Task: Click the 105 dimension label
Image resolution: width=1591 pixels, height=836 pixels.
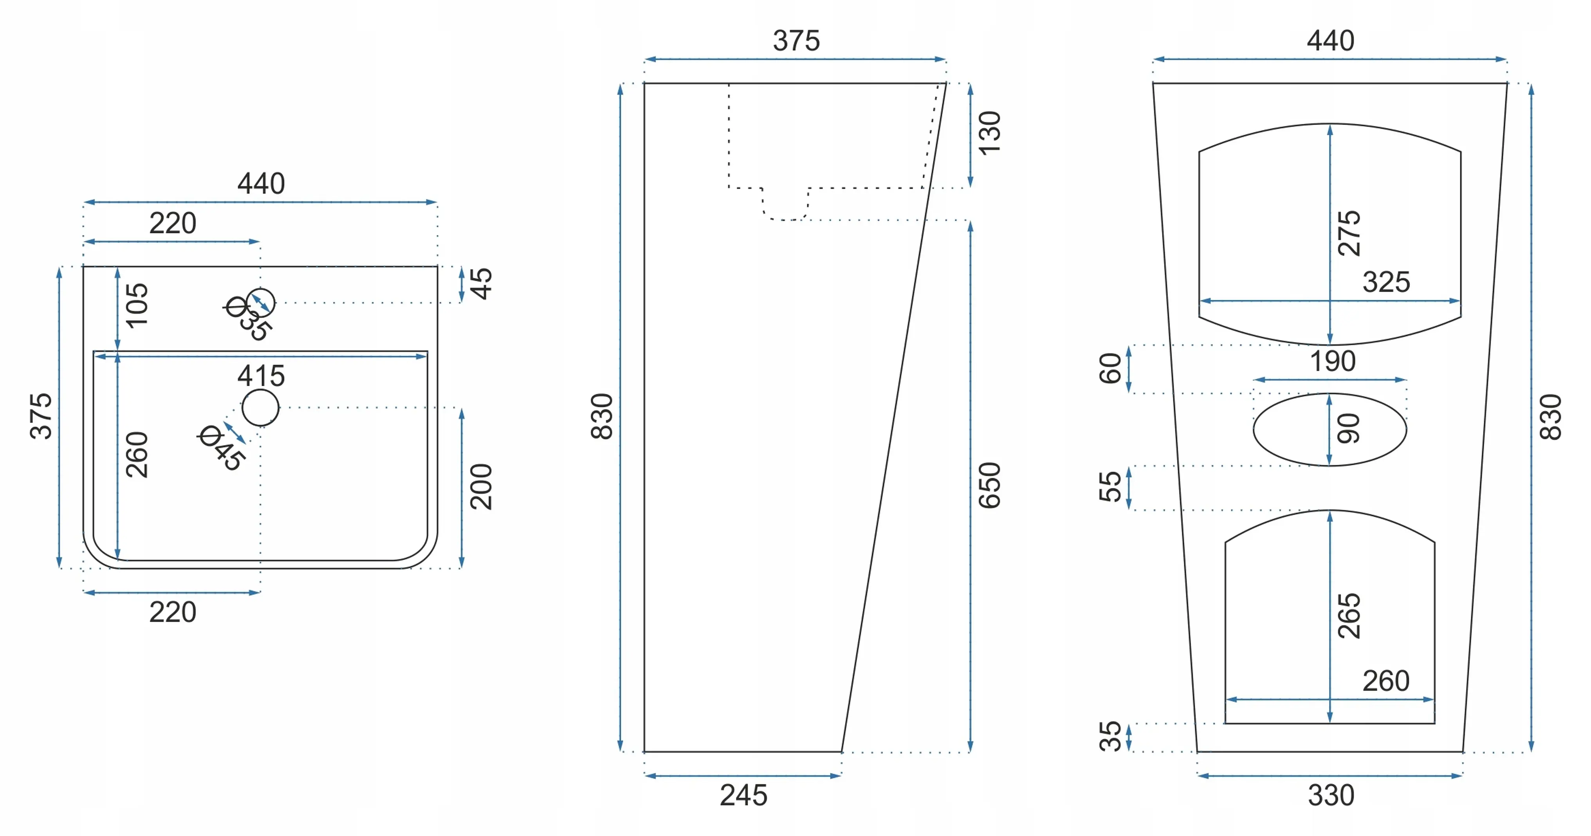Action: coord(137,305)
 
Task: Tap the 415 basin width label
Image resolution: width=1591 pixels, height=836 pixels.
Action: coord(261,376)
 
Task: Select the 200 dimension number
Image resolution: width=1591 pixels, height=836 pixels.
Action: coord(481,487)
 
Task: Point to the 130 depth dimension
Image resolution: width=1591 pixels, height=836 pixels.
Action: coord(989,134)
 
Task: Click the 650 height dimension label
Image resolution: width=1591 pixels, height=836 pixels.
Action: coord(989,486)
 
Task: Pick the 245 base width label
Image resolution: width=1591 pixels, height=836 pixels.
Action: coord(743,795)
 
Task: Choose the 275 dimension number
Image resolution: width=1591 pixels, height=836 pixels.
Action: coord(1349,233)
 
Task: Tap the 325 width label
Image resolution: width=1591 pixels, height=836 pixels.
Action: coord(1387,282)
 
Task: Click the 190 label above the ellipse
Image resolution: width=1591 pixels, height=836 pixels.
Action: coord(1333,361)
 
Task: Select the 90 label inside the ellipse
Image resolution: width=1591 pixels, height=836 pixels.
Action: coord(1349,429)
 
